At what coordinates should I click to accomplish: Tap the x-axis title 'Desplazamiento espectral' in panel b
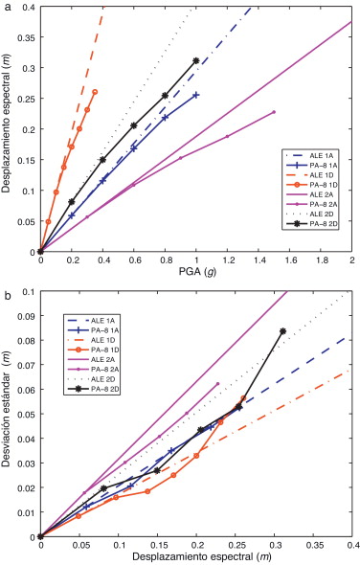click(x=195, y=556)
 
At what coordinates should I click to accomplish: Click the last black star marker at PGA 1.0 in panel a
click(x=196, y=60)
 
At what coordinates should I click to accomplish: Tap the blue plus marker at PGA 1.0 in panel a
click(x=196, y=95)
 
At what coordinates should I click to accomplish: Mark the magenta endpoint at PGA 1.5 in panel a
click(x=274, y=112)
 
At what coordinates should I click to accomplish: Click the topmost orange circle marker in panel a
click(x=95, y=92)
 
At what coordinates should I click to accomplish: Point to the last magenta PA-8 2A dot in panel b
click(x=217, y=384)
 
